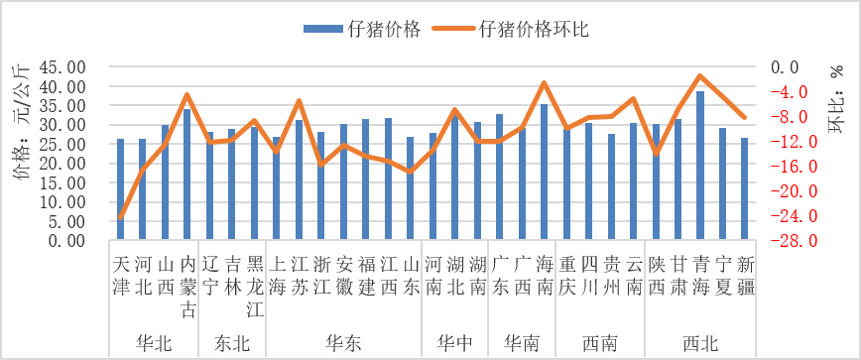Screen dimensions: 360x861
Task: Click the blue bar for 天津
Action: (121, 189)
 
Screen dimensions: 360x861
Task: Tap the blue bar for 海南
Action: (544, 172)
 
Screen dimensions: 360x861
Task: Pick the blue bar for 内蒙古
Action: (186, 175)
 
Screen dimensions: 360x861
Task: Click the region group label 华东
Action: (343, 343)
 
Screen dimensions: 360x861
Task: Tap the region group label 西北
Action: (700, 343)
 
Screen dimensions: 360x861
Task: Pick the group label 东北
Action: (232, 343)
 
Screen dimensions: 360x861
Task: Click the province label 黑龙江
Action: (254, 283)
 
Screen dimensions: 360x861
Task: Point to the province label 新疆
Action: (745, 274)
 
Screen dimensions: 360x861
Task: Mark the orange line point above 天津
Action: (121, 217)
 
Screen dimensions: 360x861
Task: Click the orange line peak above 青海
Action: (700, 76)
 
